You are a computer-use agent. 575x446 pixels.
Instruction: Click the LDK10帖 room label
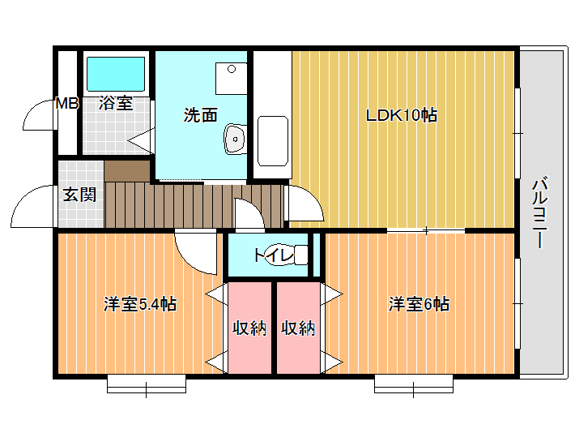[402, 115]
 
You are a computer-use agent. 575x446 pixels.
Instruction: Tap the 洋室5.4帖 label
[140, 304]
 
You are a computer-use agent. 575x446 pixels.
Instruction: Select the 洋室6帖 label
[419, 304]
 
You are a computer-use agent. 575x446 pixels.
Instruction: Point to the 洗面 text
[201, 115]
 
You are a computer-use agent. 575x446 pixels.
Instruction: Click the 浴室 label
[116, 103]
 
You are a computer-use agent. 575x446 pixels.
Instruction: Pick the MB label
[66, 104]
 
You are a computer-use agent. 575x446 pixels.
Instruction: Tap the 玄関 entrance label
[79, 194]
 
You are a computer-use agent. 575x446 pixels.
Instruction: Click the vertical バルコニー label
[540, 213]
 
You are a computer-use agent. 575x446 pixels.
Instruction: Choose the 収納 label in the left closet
[249, 328]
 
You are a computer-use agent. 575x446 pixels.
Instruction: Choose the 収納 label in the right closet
[298, 328]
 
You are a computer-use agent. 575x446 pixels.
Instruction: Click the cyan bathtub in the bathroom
[116, 74]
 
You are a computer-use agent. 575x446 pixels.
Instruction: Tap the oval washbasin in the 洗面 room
[235, 139]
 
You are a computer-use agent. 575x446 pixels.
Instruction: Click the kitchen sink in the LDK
[272, 141]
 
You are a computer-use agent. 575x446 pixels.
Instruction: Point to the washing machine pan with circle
[231, 79]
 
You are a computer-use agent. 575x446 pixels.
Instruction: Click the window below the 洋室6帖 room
[414, 384]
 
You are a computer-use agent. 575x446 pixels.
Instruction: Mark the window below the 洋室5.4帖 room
[147, 384]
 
